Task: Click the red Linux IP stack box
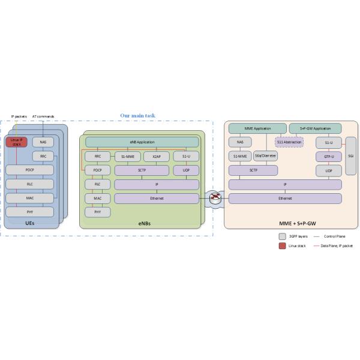[x=16, y=142]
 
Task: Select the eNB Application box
[x=142, y=142]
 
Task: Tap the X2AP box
[x=156, y=156]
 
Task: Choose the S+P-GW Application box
[x=315, y=128]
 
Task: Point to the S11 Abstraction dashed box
[x=289, y=142]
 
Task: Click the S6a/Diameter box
[x=265, y=156]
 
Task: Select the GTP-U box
[x=328, y=156]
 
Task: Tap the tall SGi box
[x=350, y=156]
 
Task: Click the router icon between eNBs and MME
[x=214, y=197]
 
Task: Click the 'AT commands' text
[x=43, y=116]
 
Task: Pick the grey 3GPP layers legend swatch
[x=283, y=236]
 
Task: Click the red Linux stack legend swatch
[x=283, y=245]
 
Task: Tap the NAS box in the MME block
[x=240, y=142]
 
